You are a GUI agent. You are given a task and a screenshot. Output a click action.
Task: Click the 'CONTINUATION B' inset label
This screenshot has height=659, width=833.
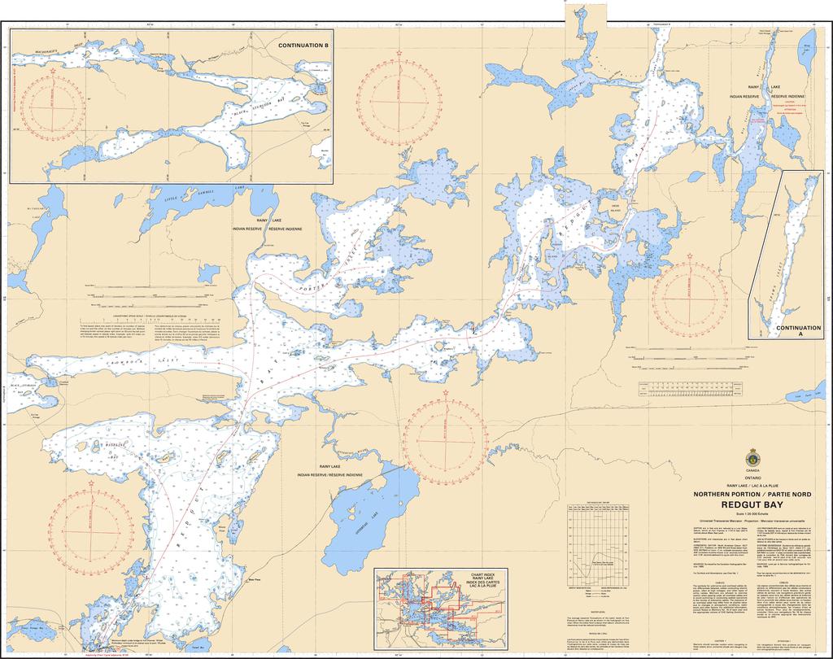(x=303, y=46)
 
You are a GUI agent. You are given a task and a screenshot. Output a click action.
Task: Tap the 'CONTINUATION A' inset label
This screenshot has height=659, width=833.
(x=798, y=330)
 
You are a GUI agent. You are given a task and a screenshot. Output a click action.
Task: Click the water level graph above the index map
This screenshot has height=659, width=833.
(x=596, y=537)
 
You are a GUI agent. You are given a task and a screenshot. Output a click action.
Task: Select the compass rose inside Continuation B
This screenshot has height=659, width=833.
(x=54, y=103)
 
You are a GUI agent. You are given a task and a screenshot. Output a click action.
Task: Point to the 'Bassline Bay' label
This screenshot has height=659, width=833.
(x=107, y=451)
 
